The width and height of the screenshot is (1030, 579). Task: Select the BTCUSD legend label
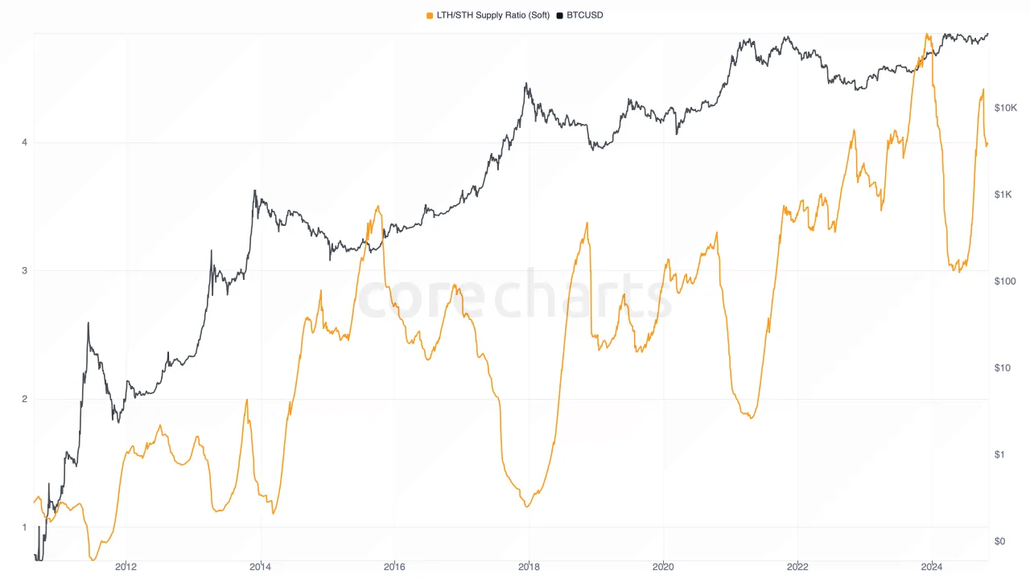pyautogui.click(x=584, y=15)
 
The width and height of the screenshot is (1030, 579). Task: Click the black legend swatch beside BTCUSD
pyautogui.click(x=560, y=15)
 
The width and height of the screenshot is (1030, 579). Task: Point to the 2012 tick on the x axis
pyautogui.click(x=126, y=566)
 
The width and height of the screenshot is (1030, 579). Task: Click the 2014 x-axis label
pyautogui.click(x=260, y=566)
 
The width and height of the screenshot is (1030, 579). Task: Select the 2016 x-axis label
pyautogui.click(x=394, y=566)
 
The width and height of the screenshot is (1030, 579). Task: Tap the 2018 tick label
pyautogui.click(x=529, y=566)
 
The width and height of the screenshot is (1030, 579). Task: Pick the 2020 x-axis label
pyautogui.click(x=663, y=566)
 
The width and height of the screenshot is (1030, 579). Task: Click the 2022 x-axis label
pyautogui.click(x=797, y=566)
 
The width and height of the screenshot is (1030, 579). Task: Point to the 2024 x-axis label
pyautogui.click(x=932, y=566)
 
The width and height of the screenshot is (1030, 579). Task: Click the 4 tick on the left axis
pyautogui.click(x=25, y=143)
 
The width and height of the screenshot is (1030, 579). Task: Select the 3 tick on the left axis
pyautogui.click(x=25, y=271)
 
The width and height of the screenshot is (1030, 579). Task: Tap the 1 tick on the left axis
pyautogui.click(x=25, y=528)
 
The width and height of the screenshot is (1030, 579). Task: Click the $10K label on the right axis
pyautogui.click(x=1006, y=108)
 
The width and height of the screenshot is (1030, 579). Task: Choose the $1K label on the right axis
pyautogui.click(x=1003, y=195)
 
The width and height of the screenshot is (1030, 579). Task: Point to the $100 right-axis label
pyautogui.click(x=1004, y=281)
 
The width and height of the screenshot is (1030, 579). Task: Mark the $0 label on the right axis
pyautogui.click(x=999, y=541)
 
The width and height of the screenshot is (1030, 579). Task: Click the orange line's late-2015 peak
pyautogui.click(x=378, y=207)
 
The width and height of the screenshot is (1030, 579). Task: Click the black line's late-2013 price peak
pyautogui.click(x=254, y=191)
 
